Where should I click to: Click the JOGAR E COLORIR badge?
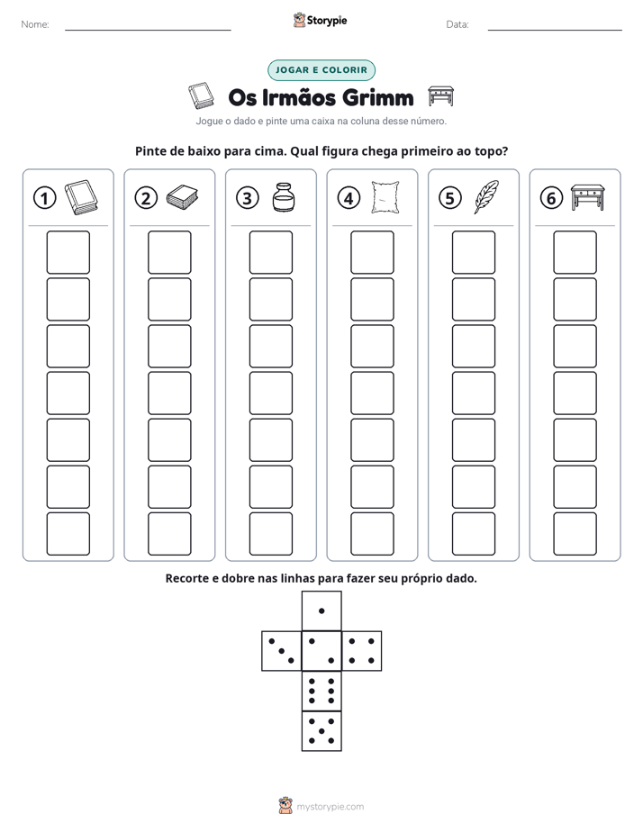click(x=321, y=70)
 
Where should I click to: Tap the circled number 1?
click(x=44, y=198)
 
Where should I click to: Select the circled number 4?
click(x=349, y=198)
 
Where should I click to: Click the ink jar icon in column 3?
click(x=284, y=197)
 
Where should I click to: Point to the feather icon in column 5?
click(x=486, y=197)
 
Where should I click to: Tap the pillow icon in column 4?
click(x=385, y=197)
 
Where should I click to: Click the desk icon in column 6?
click(x=588, y=197)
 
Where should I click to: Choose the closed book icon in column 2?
click(x=182, y=197)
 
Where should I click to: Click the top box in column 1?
click(x=68, y=252)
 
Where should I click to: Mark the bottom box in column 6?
click(x=575, y=534)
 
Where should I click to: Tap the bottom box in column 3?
click(x=270, y=534)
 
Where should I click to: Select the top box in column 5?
click(x=473, y=252)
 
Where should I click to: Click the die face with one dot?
click(x=321, y=610)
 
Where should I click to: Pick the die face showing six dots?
click(x=321, y=691)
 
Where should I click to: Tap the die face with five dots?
click(x=321, y=731)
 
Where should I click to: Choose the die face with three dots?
click(x=282, y=651)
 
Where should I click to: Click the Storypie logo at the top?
click(x=320, y=20)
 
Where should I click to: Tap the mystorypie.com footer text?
click(x=330, y=807)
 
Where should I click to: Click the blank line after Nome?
click(x=148, y=30)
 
